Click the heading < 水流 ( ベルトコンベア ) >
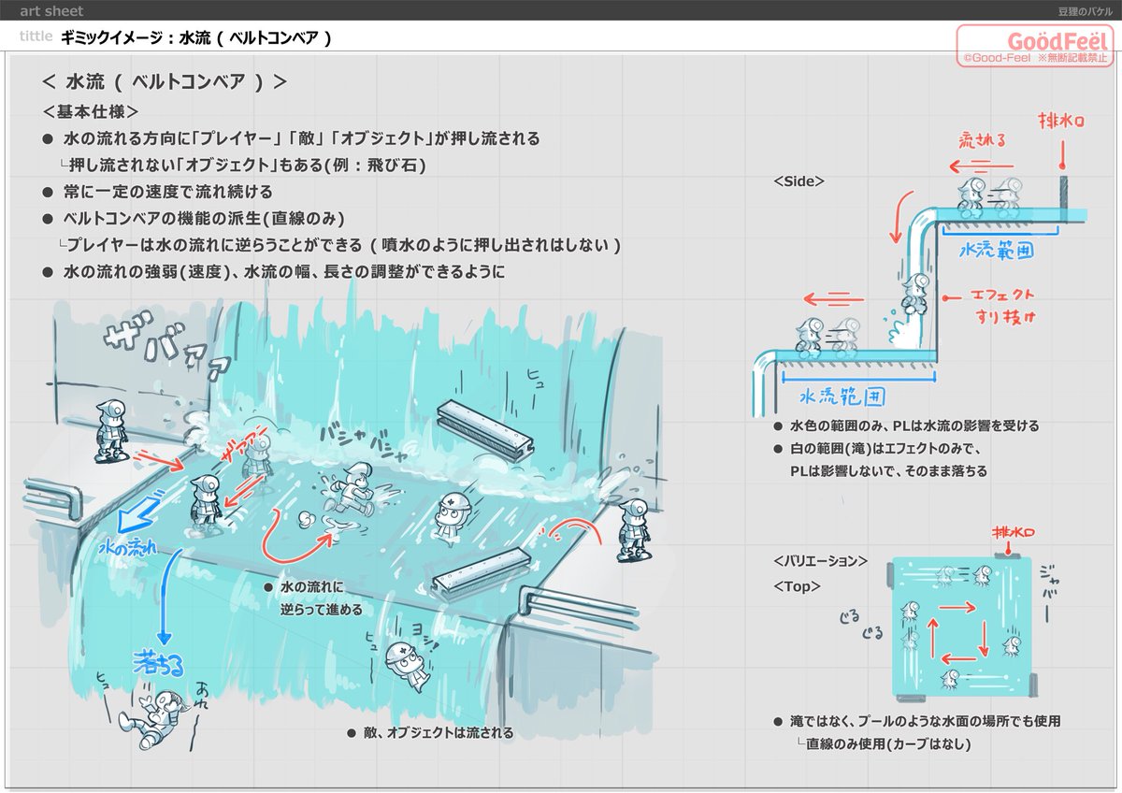coord(165,81)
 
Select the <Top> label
coord(797,586)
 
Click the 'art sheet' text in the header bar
coord(51,11)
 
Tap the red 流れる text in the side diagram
coord(983,140)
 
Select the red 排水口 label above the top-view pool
coord(1012,534)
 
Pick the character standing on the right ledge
coord(633,530)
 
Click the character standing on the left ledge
coord(111,431)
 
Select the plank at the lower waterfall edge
coord(482,570)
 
